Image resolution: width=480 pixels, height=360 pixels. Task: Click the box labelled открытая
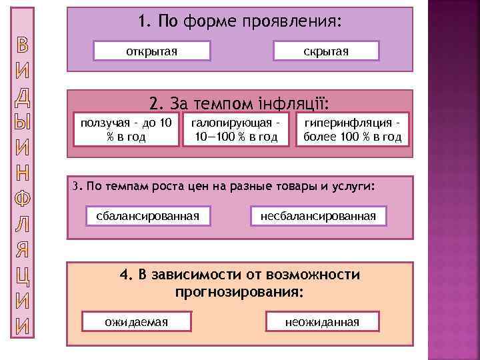[x=152, y=51]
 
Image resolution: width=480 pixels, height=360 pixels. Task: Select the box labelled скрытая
[x=326, y=51]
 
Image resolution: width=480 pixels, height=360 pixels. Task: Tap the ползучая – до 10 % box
[x=126, y=129]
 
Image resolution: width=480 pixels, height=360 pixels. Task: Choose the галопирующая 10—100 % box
[x=235, y=129]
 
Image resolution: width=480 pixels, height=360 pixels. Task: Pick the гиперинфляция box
[x=352, y=129]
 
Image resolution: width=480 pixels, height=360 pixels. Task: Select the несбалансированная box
[x=318, y=216]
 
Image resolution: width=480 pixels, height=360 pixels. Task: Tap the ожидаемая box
[x=137, y=322]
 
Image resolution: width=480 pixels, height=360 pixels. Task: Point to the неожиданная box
[x=322, y=322]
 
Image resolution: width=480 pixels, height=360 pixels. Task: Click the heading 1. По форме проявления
[x=240, y=22]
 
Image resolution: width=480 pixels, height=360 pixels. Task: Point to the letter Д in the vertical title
[x=23, y=97]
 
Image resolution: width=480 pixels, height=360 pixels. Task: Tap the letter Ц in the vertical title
[x=23, y=276]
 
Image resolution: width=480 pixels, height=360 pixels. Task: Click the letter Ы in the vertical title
[x=23, y=124]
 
